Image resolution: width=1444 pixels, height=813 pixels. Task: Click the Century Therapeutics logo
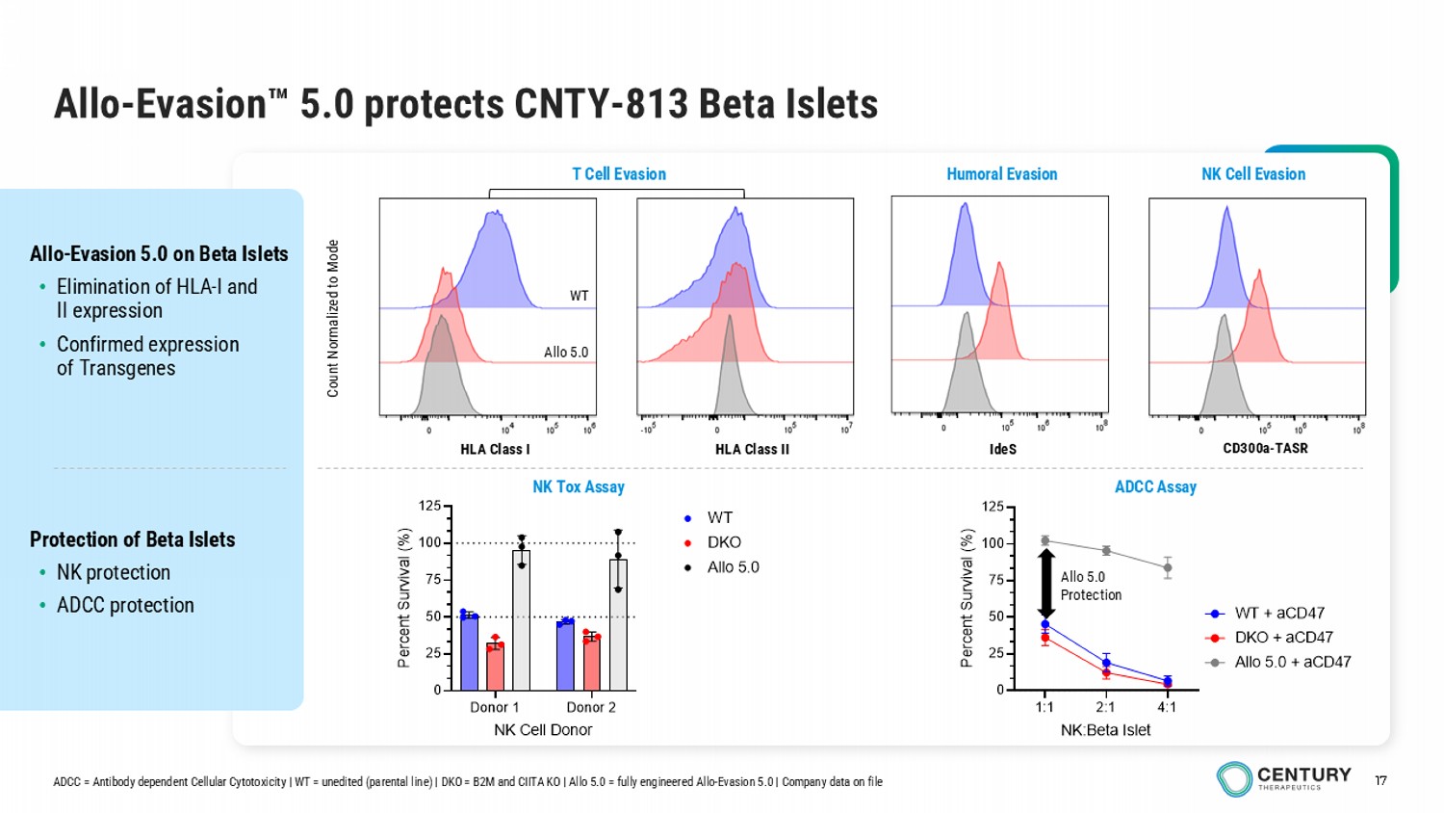(1283, 778)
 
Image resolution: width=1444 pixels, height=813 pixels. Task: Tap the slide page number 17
(1380, 780)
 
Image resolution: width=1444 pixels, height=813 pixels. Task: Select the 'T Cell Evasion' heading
(619, 174)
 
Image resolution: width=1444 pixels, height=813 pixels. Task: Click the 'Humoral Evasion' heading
(1001, 174)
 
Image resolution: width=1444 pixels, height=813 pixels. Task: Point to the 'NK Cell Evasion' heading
(1253, 174)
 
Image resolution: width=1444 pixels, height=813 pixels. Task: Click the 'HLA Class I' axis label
(495, 449)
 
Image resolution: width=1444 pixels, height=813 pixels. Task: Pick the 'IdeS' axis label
(1002, 449)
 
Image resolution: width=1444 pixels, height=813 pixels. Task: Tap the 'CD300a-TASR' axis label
(1265, 448)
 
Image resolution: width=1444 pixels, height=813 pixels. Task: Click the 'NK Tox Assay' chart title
(579, 487)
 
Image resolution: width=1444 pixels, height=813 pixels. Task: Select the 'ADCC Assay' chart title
(1155, 487)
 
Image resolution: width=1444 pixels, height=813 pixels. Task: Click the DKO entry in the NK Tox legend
(723, 542)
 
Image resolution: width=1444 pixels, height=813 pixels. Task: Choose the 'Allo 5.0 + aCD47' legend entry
(1292, 662)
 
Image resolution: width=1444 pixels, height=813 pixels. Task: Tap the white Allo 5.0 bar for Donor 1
(521, 621)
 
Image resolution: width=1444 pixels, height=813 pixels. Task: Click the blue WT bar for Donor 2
(565, 656)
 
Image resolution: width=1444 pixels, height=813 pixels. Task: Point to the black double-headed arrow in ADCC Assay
(1046, 584)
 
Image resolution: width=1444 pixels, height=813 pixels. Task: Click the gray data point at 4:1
(1168, 567)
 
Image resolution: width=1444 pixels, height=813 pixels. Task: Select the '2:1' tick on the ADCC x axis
(1105, 707)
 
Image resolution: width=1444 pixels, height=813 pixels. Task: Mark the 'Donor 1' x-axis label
(494, 707)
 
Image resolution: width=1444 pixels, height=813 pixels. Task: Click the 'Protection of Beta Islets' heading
(133, 539)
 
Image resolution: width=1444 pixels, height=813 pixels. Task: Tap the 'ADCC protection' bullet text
(125, 605)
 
